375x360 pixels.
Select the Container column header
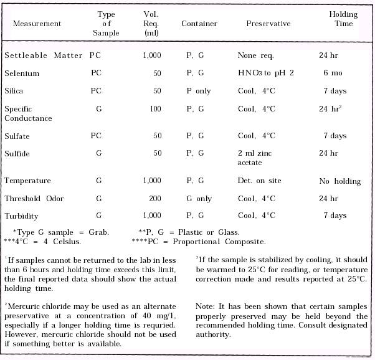[199, 24]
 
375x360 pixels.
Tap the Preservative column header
[268, 24]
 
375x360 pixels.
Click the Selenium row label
[22, 73]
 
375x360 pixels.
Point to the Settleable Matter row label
[44, 56]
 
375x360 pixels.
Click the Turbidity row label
[22, 216]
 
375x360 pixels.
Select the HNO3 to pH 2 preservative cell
[265, 73]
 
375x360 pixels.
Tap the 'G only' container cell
[199, 199]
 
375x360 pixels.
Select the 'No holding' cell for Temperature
[340, 181]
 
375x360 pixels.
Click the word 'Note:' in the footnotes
[207, 307]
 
